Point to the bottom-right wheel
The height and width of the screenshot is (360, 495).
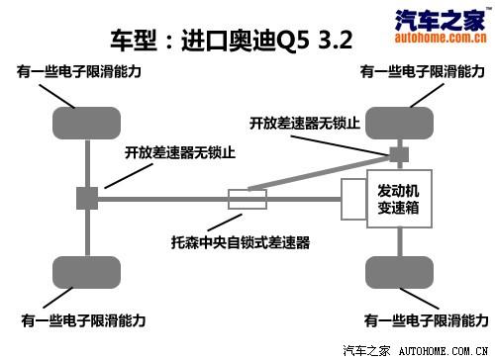398,270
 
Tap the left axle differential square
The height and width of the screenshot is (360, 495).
85,198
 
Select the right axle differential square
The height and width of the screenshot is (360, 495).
398,154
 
